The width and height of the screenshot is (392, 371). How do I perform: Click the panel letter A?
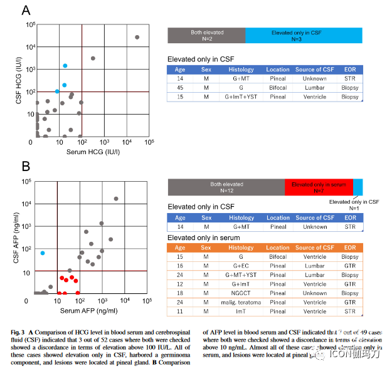click(26, 11)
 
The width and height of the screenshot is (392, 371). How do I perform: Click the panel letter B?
click(26, 167)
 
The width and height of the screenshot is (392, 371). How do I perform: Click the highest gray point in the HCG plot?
click(137, 38)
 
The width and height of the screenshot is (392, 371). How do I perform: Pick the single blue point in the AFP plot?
click(43, 253)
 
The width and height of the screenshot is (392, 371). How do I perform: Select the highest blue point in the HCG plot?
click(65, 66)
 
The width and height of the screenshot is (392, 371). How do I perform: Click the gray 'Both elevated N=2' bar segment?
click(206, 35)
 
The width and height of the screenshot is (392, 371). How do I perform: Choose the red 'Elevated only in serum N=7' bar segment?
click(318, 187)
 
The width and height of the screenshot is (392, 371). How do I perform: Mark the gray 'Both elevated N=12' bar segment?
click(226, 187)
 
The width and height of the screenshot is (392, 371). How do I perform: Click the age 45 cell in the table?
click(179, 88)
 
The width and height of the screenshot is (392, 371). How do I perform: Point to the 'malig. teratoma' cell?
click(241, 301)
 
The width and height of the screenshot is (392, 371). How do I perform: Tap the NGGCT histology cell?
click(241, 293)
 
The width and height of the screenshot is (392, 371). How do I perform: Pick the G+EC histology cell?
click(241, 266)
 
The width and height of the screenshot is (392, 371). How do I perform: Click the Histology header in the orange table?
click(241, 248)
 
